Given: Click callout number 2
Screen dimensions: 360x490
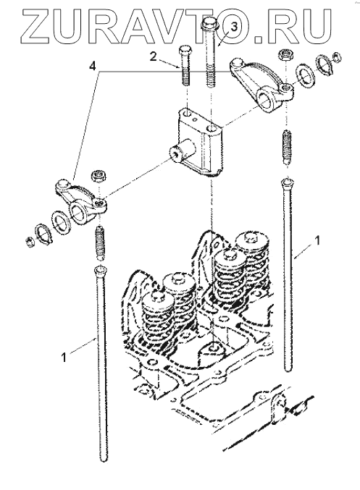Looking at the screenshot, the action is point(153,57).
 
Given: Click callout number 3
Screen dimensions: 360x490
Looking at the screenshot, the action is point(233,28).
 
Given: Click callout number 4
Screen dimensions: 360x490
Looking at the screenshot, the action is point(92,67).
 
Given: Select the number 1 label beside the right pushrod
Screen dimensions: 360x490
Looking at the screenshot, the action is point(317,240).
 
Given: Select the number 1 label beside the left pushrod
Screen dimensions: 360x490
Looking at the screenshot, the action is point(64,358).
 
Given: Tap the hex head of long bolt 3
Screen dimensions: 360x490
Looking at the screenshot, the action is point(209,23).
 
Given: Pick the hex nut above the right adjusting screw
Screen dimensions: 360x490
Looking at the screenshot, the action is point(285,55).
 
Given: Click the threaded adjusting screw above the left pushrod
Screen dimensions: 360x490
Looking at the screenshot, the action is point(99,242).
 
